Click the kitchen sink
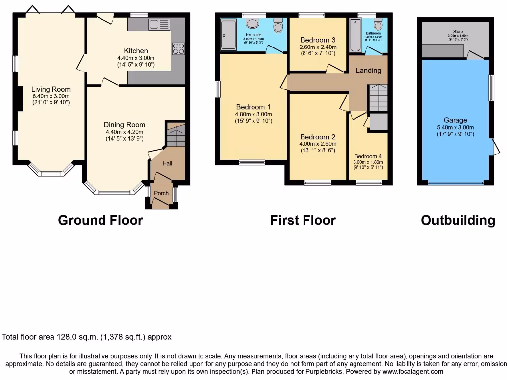tap(158, 24)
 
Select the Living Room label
tap(51, 90)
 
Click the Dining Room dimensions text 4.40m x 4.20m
tap(124, 132)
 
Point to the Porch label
tap(162, 193)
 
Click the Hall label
tap(167, 163)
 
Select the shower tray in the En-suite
tap(229, 35)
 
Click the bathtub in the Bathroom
tap(355, 36)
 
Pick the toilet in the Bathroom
tap(379, 25)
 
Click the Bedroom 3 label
tap(318, 40)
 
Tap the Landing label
tap(368, 70)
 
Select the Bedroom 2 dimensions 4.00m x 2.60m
tap(318, 144)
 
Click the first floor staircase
tap(378, 97)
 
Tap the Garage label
tap(455, 120)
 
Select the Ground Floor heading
tap(101, 220)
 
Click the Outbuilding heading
tap(457, 220)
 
